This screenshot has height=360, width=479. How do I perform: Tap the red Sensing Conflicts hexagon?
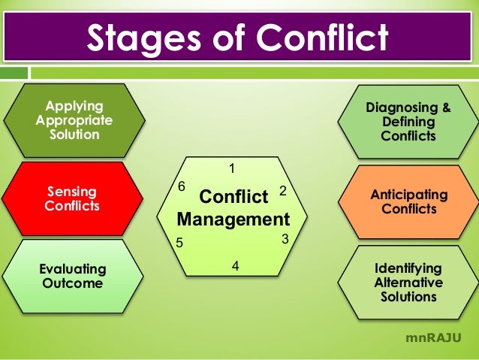72,198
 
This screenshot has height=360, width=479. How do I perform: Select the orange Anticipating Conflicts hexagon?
408,201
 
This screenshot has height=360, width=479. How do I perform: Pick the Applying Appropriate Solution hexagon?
74,120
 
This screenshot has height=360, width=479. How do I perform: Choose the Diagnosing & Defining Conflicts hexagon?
408,122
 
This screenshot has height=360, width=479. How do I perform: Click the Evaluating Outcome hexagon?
74,276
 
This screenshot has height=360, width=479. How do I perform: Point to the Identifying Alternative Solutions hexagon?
408,283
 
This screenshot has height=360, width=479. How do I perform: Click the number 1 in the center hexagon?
232,167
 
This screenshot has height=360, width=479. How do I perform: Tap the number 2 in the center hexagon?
283,191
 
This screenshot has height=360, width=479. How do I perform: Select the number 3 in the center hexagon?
285,240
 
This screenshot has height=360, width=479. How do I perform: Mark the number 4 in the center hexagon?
235,265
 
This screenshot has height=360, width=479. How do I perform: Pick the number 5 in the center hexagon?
179,243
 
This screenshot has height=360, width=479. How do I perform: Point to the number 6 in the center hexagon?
181,185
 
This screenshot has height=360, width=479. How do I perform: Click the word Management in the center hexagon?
233,220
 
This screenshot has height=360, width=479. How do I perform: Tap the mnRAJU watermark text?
433,337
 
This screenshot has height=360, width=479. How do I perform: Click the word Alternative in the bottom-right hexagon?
408,283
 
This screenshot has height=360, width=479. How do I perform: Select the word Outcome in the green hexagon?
74,283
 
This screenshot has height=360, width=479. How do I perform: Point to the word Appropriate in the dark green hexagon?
74,120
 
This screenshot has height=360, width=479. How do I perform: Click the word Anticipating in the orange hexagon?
408,195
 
